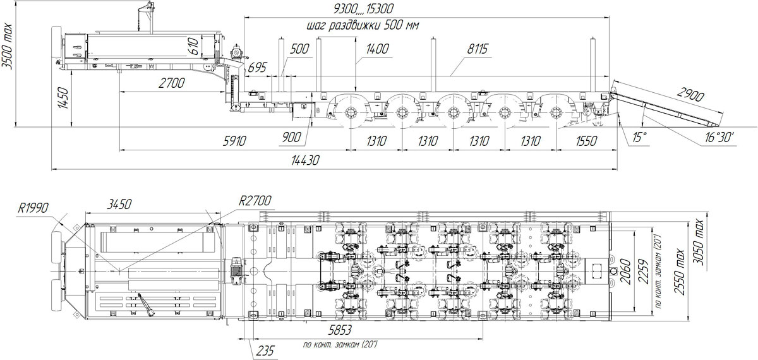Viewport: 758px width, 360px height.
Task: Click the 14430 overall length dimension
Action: pyautogui.click(x=305, y=160)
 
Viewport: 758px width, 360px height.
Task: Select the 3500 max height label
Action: pyautogui.click(x=8, y=46)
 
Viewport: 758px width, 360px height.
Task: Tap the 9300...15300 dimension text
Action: pyautogui.click(x=363, y=9)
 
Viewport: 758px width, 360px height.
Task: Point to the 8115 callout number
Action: pyautogui.click(x=478, y=49)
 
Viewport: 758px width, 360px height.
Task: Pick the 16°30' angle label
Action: pyautogui.click(x=719, y=138)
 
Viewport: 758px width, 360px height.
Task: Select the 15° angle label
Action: pyautogui.click(x=639, y=138)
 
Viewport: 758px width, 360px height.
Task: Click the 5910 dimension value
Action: pyautogui.click(x=234, y=141)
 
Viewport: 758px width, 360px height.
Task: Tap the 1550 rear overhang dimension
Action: pyautogui.click(x=586, y=141)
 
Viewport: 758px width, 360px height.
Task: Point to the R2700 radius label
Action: pyautogui.click(x=255, y=201)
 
